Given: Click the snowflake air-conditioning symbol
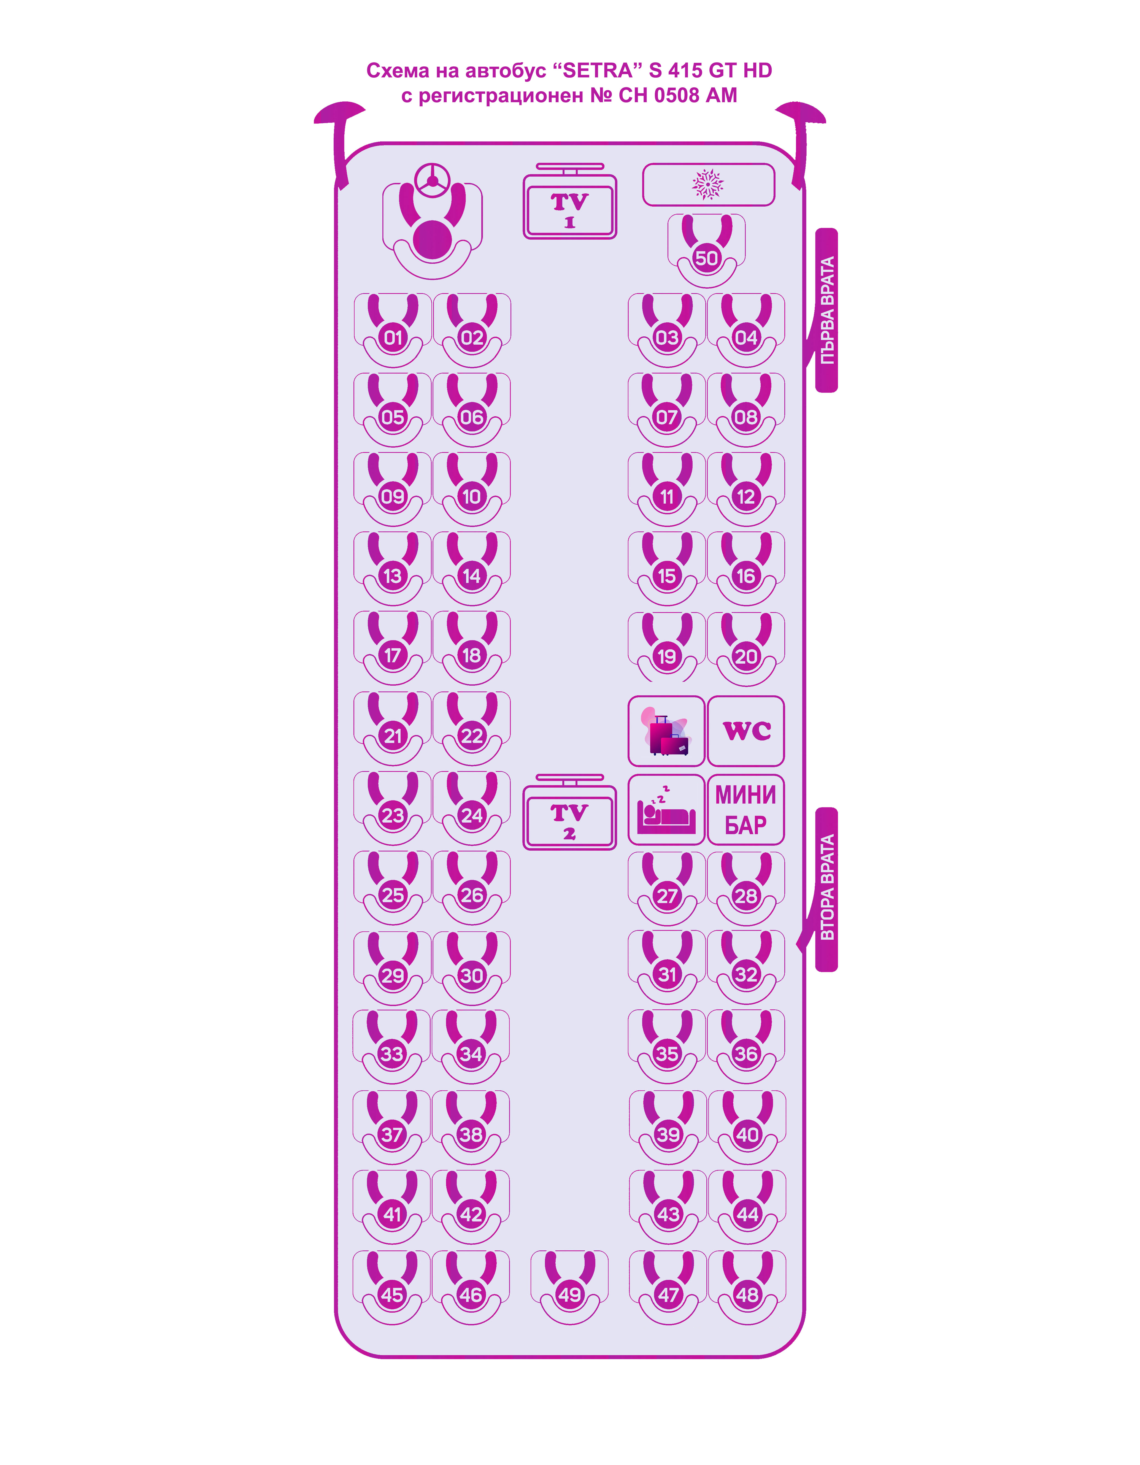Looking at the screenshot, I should point(708,184).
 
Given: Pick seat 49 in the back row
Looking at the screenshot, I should point(570,1295).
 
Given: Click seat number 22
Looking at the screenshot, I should point(472,736).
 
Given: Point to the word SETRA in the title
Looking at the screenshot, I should point(597,71).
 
